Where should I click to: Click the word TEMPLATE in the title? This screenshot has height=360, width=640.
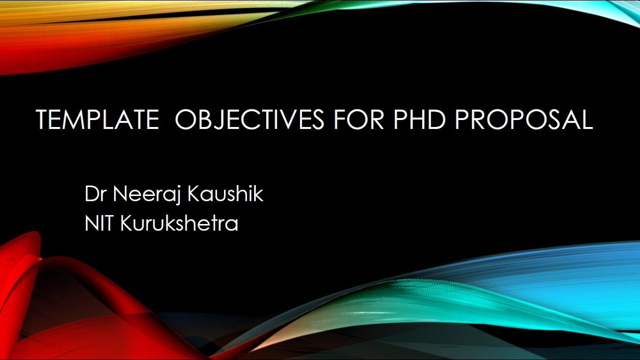96,120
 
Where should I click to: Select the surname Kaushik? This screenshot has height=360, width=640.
225,194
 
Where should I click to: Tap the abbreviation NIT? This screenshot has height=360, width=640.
100,223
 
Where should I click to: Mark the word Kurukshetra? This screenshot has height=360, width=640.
179,223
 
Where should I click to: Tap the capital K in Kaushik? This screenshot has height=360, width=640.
194,194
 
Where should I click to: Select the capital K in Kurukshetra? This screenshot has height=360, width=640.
126,223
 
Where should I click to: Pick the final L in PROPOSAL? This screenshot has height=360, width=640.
586,120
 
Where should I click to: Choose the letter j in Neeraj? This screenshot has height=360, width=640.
178,196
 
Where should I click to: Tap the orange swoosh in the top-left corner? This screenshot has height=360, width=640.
75,30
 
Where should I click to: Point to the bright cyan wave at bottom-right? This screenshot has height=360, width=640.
575,285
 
